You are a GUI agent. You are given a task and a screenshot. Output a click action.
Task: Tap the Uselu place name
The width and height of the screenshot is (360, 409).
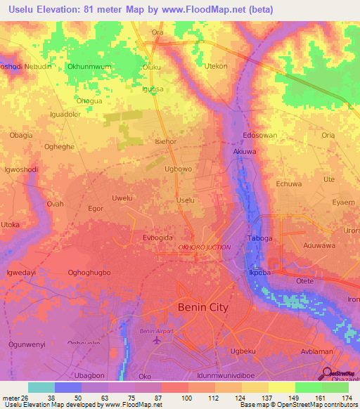pos(186,200)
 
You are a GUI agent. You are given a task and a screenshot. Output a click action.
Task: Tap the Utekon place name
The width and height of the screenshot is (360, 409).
pos(215,66)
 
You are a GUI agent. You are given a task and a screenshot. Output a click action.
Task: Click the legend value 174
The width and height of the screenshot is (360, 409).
pos(347,397)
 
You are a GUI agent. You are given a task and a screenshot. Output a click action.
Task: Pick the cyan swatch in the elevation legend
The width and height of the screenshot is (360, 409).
pos(41,387)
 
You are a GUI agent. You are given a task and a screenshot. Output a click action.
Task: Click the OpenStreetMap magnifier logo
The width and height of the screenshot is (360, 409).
pos(327,373)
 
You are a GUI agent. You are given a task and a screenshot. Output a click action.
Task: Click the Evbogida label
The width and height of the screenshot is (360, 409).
pos(157,238)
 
